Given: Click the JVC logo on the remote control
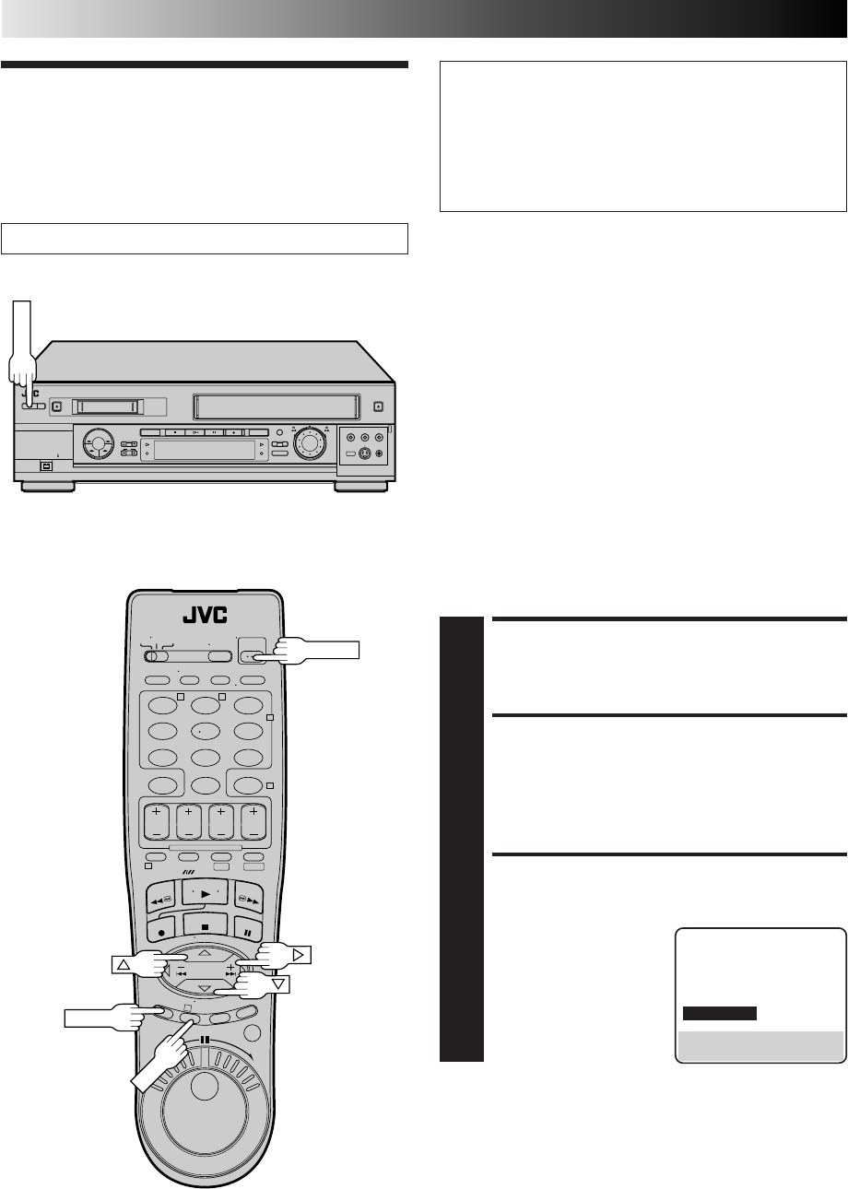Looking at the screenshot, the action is click(205, 615).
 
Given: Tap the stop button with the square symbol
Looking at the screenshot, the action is click(206, 927).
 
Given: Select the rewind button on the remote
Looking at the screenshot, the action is click(161, 898).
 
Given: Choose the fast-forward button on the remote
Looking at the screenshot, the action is click(248, 898).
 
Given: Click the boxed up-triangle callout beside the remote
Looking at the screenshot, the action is click(124, 964).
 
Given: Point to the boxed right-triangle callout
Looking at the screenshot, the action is click(299, 955).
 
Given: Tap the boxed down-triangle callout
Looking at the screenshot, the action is click(278, 984).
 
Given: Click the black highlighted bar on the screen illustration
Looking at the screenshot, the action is click(719, 1013).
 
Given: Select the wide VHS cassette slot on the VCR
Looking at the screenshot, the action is click(277, 406).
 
